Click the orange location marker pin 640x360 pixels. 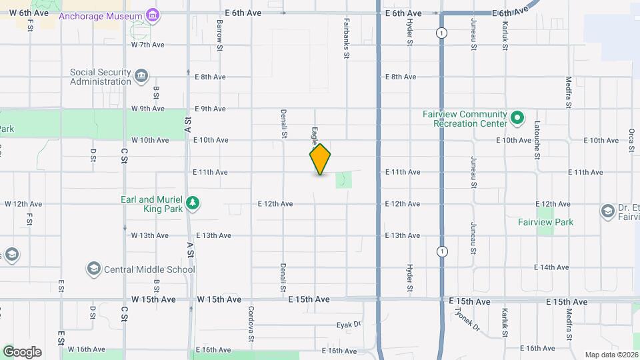(x=320, y=159)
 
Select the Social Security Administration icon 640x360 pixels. (x=141, y=76)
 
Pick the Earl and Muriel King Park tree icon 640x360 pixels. (x=193, y=203)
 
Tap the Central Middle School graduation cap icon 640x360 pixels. (x=94, y=269)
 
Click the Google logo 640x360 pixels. (x=22, y=351)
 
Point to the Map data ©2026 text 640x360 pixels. (x=611, y=355)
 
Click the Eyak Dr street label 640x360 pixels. (x=348, y=325)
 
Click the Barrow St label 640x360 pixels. (x=219, y=32)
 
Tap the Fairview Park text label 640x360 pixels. (x=545, y=222)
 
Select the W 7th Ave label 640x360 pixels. (x=147, y=45)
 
